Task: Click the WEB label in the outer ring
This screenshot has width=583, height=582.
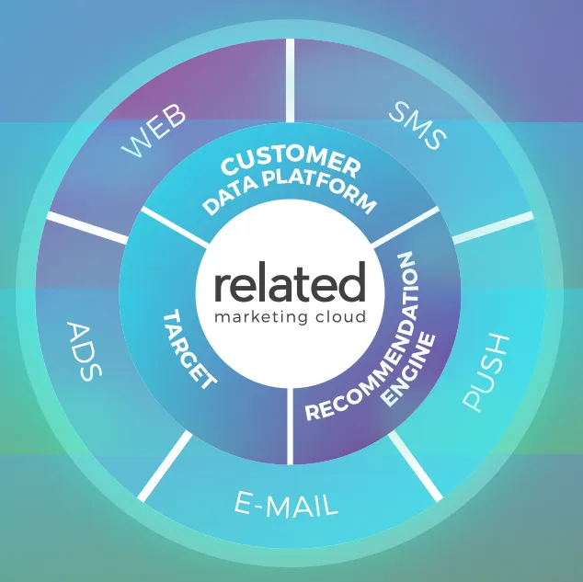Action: (154, 130)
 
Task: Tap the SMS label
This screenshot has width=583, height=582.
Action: (417, 126)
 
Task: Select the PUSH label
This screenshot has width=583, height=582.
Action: (486, 372)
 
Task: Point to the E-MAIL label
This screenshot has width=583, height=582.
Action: (286, 505)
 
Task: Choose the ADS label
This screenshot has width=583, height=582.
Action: (85, 351)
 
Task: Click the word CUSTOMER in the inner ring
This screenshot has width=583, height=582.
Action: (291, 163)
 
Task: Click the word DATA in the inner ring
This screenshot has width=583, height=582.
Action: (232, 197)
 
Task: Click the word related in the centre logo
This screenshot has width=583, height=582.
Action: (290, 281)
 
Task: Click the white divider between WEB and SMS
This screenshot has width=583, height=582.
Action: (290, 80)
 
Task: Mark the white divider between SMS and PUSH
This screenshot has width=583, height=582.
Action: (492, 227)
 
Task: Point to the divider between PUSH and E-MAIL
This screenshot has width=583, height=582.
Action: (416, 466)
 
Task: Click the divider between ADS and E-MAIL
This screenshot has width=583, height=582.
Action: (165, 466)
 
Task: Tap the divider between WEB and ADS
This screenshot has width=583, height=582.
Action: (87, 227)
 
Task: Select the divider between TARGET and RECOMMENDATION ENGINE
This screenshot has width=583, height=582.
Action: (290, 427)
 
